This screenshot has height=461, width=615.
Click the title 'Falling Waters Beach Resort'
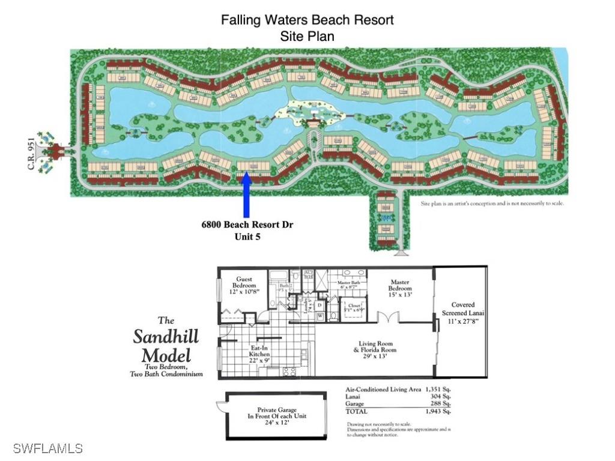coord(307,19)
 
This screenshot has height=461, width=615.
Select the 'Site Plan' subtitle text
coord(307,36)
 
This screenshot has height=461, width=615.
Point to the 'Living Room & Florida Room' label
coord(375,349)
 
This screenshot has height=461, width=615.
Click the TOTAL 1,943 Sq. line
coord(399,412)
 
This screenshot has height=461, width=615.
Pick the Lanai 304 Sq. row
coord(399,397)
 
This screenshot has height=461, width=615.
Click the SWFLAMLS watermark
coord(47,448)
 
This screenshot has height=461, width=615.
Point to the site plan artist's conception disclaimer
coord(491,203)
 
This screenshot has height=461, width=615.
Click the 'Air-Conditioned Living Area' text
coord(381,390)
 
